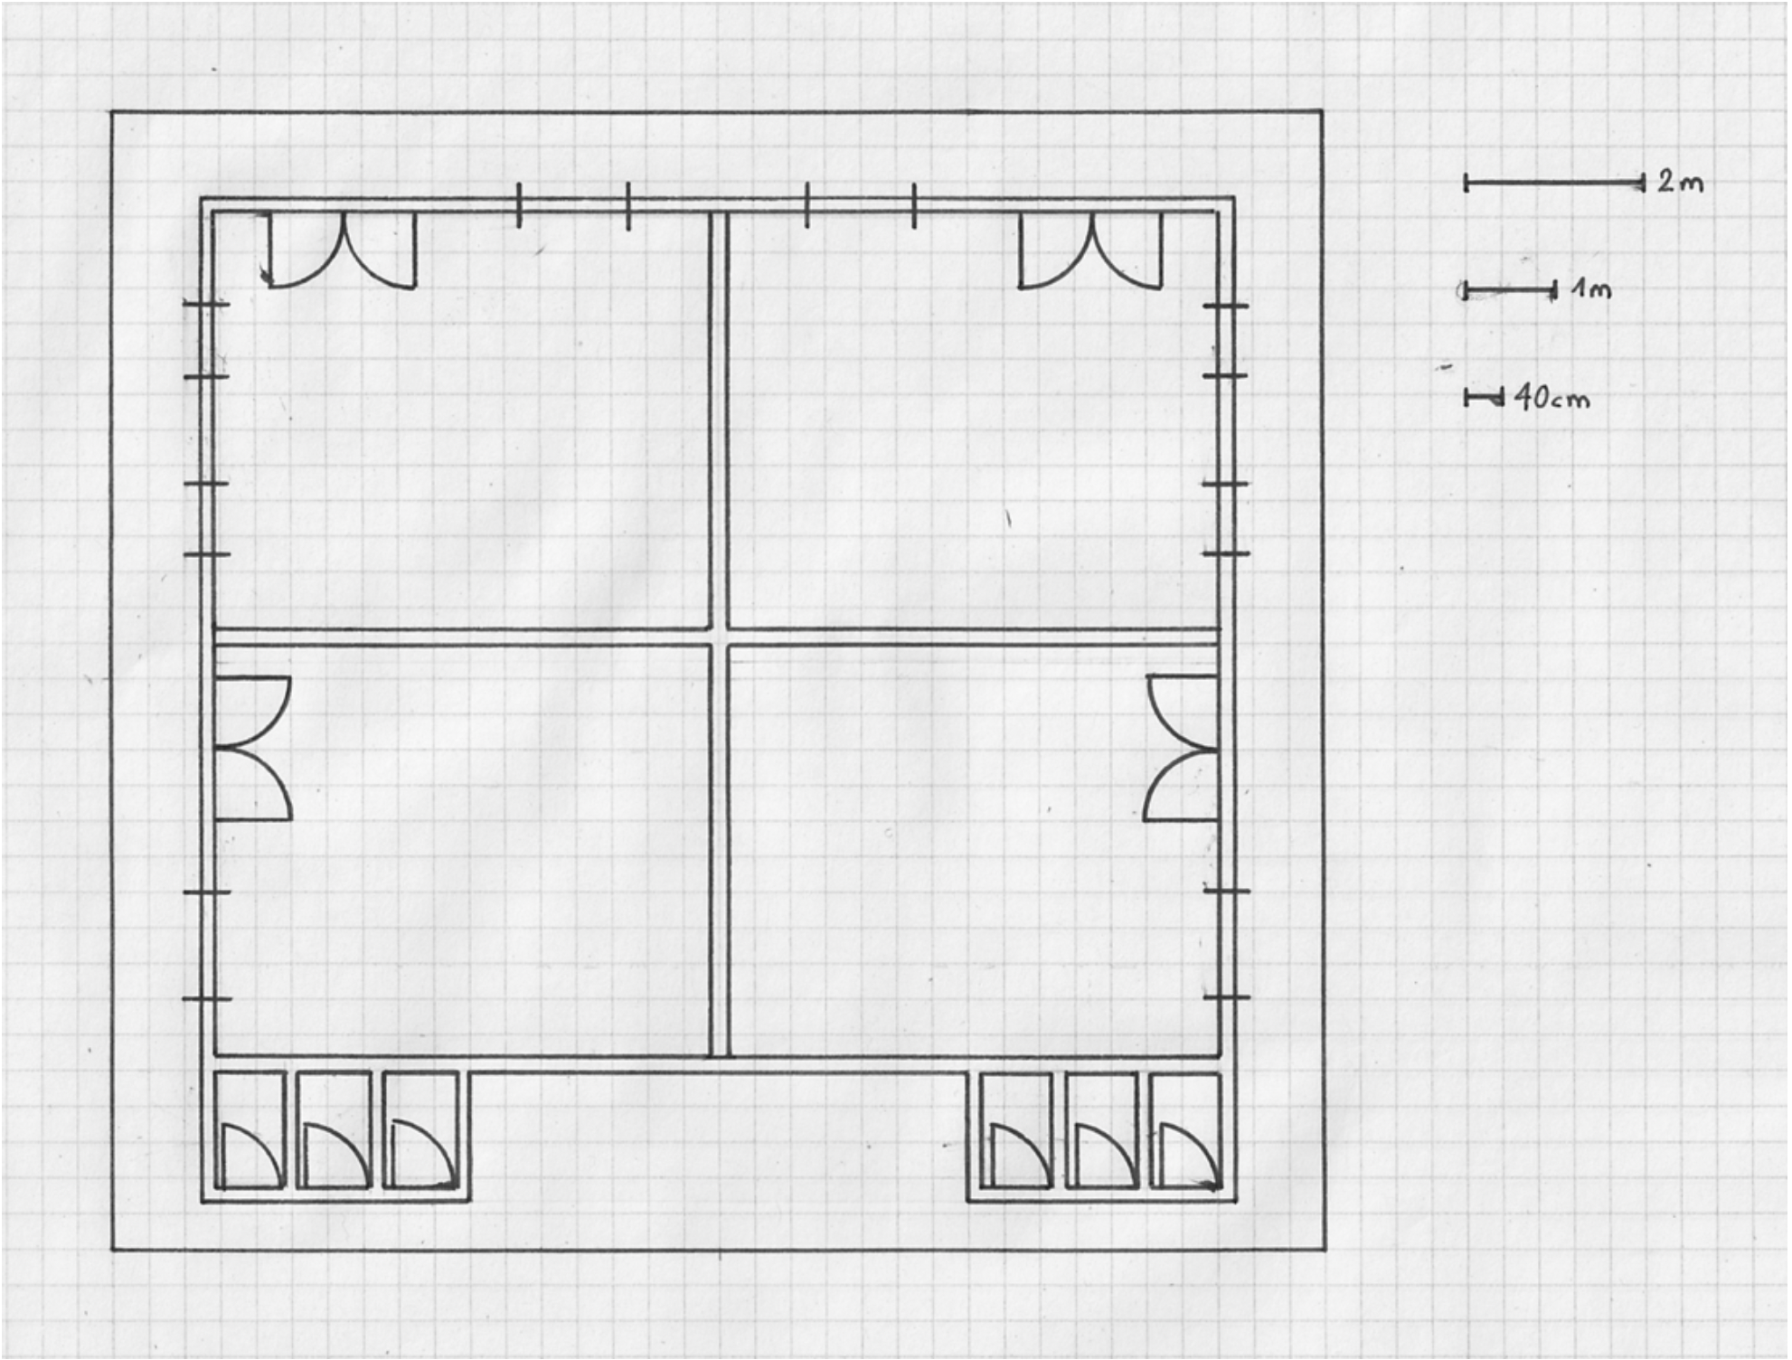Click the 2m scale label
pyautogui.click(x=1681, y=183)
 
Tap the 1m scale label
pyautogui.click(x=1591, y=289)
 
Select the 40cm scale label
pyautogui.click(x=1551, y=397)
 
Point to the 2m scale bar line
pyautogui.click(x=1554, y=184)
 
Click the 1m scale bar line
pyautogui.click(x=1509, y=291)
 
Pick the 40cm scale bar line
pyautogui.click(x=1484, y=397)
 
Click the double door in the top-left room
pyautogui.click(x=343, y=250)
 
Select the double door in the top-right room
pyautogui.click(x=1090, y=250)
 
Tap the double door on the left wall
pyautogui.click(x=253, y=748)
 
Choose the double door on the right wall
pyautogui.click(x=1181, y=748)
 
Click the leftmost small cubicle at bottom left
pyautogui.click(x=250, y=1130)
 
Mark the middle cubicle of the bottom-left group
pyautogui.click(x=334, y=1130)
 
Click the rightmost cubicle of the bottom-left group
pyautogui.click(x=420, y=1130)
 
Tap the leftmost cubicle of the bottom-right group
pyautogui.click(x=1017, y=1130)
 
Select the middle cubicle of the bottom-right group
pyautogui.click(x=1100, y=1130)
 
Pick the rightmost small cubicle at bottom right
pyautogui.click(x=1185, y=1130)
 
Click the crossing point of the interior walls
pyautogui.click(x=719, y=637)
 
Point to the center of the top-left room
pyautogui.click(x=461, y=420)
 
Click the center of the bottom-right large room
pyautogui.click(x=973, y=850)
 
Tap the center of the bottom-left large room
pyautogui.click(x=461, y=850)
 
